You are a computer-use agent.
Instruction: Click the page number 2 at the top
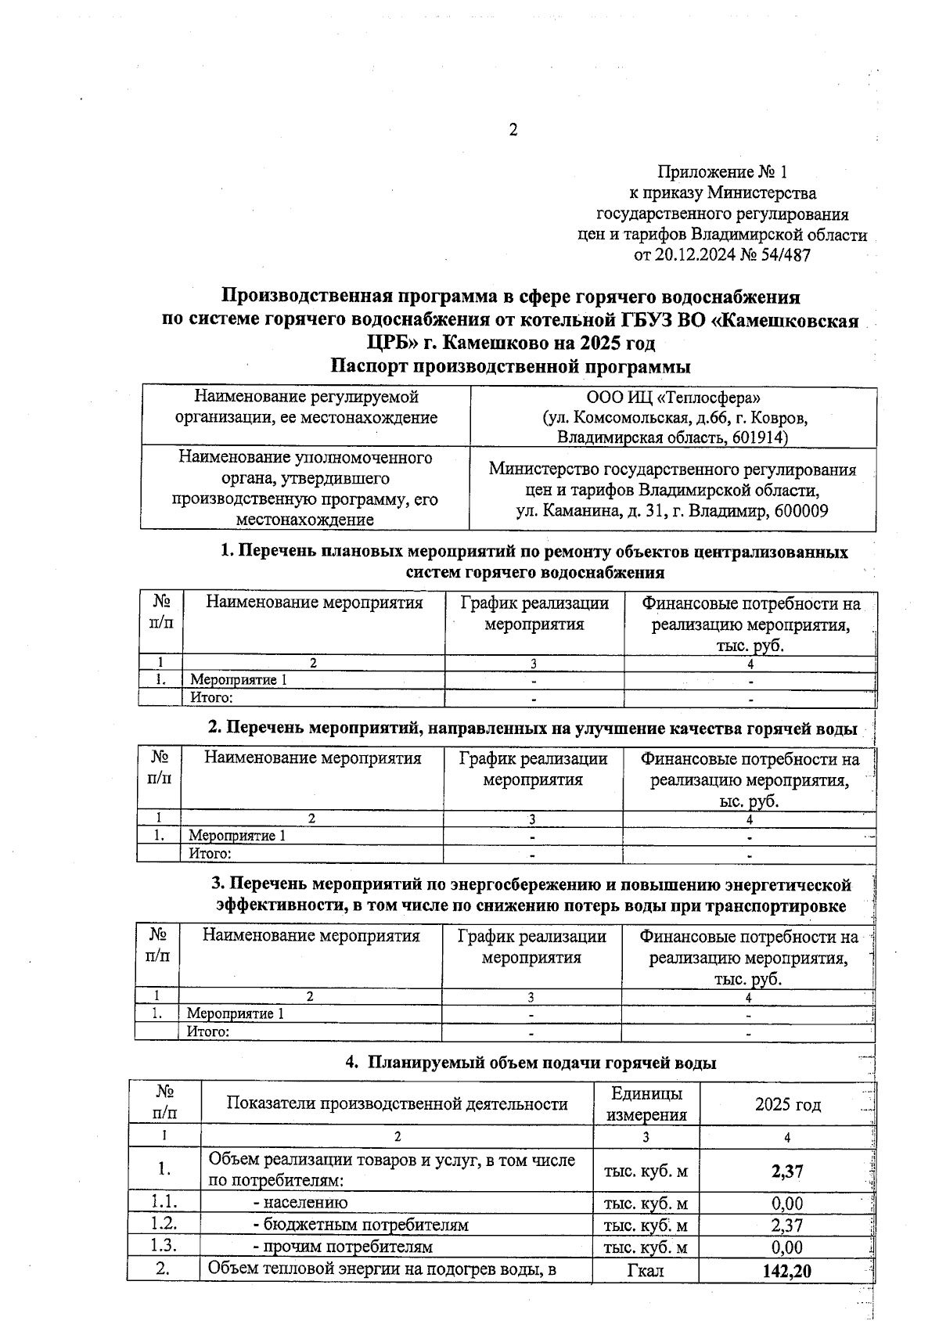click(513, 130)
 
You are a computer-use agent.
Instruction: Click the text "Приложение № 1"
click(722, 171)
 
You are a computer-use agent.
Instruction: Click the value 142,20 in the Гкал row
click(786, 1271)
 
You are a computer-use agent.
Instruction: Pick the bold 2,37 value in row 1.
click(786, 1171)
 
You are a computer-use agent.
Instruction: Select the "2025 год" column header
click(787, 1104)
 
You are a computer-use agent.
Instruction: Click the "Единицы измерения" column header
click(646, 1103)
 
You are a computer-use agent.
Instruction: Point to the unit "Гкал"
click(646, 1271)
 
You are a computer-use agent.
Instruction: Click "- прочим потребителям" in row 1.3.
click(343, 1247)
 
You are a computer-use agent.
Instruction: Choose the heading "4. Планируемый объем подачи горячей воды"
click(531, 1063)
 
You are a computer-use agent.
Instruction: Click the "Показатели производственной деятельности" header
click(397, 1104)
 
